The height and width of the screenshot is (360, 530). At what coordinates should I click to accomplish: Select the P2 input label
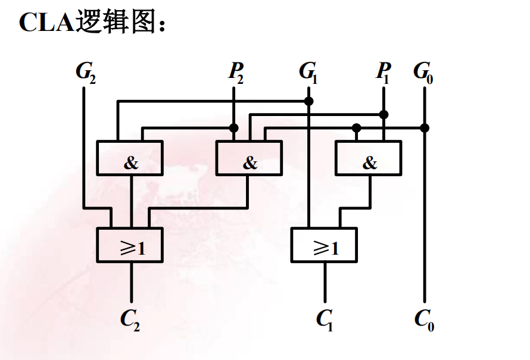coord(235,72)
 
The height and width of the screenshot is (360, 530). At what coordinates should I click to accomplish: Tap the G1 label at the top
coord(308,72)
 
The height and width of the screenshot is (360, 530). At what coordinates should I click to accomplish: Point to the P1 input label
coord(383,72)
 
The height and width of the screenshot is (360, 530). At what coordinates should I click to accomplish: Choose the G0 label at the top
coord(423,72)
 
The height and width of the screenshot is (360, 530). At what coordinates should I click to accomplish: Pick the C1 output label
coord(325,320)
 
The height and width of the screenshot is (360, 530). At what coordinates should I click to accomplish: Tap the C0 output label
coord(424,320)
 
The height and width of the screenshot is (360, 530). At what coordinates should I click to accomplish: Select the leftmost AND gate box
coord(130,158)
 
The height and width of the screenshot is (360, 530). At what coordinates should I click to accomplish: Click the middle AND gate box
coord(249,158)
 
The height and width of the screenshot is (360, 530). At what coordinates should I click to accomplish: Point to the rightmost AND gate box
coord(369,158)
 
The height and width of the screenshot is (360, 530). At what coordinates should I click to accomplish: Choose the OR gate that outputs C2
coord(130,245)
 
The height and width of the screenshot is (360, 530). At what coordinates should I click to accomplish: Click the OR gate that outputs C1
coord(325,245)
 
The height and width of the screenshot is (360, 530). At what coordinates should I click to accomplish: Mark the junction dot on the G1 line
coord(308,101)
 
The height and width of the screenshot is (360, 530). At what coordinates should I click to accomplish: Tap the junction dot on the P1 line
coord(384,114)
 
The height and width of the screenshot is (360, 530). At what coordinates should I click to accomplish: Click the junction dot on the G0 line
coord(424,127)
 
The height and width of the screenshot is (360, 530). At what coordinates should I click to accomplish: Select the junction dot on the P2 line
coord(234,127)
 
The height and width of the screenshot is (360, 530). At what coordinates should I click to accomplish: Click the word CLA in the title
coord(45,22)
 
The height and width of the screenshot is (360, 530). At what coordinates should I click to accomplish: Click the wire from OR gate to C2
coord(131,283)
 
